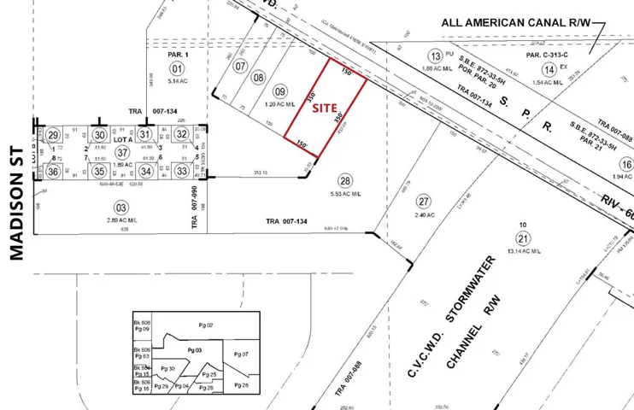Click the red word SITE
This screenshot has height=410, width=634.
324,108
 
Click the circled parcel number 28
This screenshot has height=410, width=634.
345,181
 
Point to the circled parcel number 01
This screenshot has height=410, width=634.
177,68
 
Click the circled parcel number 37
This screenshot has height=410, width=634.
122,152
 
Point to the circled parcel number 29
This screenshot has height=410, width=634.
53,135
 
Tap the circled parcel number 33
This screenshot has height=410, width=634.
182,171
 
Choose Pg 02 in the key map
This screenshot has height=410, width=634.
204,325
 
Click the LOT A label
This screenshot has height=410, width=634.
122,138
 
